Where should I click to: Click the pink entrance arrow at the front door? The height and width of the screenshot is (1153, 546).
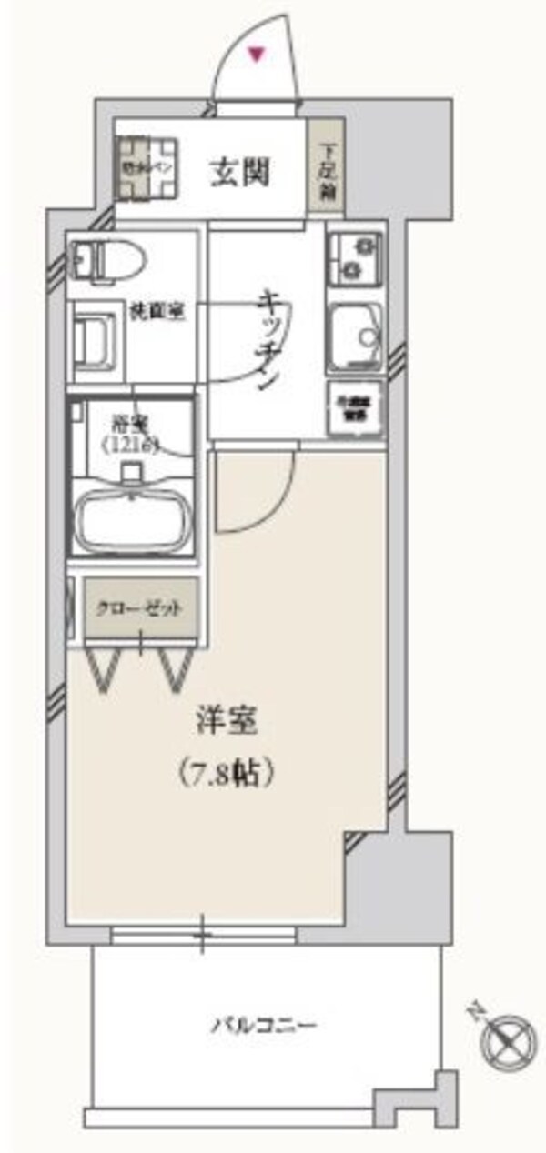(259, 56)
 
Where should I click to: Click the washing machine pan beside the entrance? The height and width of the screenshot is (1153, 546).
(147, 168)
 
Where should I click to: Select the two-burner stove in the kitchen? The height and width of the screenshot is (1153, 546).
(354, 257)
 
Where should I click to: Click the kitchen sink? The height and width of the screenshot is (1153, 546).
(356, 336)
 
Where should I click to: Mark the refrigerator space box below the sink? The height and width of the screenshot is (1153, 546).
(354, 409)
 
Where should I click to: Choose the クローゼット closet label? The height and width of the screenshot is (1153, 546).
(141, 609)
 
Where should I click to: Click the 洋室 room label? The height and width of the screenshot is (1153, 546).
(227, 723)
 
